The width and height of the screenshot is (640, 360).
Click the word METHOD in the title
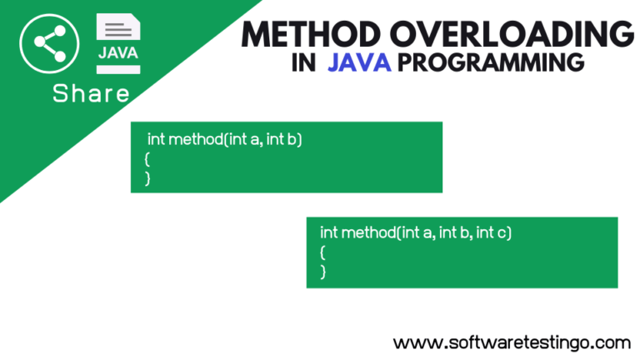tap(311, 34)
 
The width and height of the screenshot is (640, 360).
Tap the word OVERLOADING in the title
tap(512, 34)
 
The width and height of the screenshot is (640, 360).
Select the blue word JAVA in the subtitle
tap(359, 62)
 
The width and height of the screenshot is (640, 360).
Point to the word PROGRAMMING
tap(491, 62)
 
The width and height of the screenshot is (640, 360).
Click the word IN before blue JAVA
tap(303, 62)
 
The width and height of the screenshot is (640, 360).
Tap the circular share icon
tap(49, 43)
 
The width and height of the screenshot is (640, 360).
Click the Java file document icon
tap(118, 43)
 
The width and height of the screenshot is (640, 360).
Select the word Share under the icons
tap(91, 93)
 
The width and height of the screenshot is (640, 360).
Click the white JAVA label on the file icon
tap(118, 53)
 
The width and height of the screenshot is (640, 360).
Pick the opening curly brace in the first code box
tap(147, 159)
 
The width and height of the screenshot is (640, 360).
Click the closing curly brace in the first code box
tap(147, 178)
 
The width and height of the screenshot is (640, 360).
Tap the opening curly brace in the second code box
tap(322, 252)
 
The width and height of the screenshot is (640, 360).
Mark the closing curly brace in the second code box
tap(322, 272)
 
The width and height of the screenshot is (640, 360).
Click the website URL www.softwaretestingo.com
tap(512, 342)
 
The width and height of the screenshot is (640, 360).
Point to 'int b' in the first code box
tap(281, 140)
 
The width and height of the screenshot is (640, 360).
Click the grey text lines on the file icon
tap(118, 30)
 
